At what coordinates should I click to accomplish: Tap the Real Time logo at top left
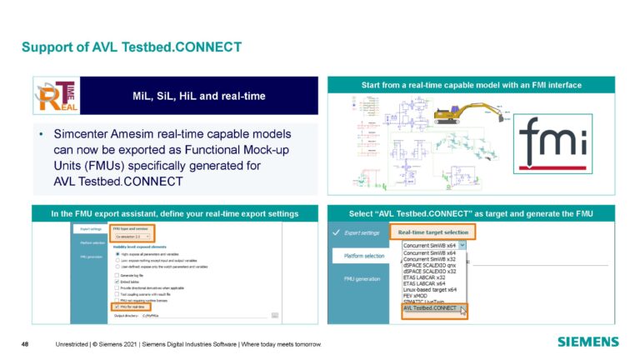(x=55, y=98)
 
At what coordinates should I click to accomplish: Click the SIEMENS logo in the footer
(x=587, y=342)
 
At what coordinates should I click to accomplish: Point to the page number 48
(x=25, y=342)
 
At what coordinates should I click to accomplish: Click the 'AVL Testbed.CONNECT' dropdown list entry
(x=431, y=308)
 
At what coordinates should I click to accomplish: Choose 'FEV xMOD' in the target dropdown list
(x=421, y=295)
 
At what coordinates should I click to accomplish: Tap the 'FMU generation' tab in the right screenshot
(x=363, y=280)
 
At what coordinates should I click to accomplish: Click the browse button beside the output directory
(x=274, y=315)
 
